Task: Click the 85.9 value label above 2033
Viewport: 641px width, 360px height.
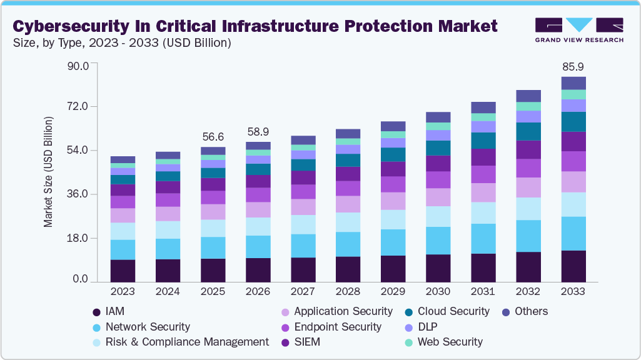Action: (573, 66)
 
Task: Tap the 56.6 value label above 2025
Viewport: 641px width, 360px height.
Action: (213, 137)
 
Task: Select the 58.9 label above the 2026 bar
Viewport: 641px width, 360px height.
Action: (258, 132)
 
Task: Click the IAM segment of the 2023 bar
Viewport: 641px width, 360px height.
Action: (123, 271)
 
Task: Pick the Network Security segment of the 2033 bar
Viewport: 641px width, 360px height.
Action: (573, 233)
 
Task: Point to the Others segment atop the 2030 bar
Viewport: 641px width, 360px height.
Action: (438, 117)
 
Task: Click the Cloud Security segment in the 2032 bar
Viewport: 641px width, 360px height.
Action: (528, 131)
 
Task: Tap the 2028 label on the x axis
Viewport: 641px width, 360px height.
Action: (348, 292)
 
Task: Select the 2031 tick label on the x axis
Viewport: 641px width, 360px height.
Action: (483, 292)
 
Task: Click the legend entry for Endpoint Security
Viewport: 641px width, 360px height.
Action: (337, 327)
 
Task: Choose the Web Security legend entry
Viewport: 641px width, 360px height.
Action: (450, 342)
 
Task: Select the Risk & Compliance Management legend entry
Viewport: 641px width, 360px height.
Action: (187, 342)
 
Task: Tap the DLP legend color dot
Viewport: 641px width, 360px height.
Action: (408, 327)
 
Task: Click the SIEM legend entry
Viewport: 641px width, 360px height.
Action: (307, 342)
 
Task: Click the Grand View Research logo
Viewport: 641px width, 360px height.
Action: (579, 30)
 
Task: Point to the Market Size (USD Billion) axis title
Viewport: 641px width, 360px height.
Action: (48, 171)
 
